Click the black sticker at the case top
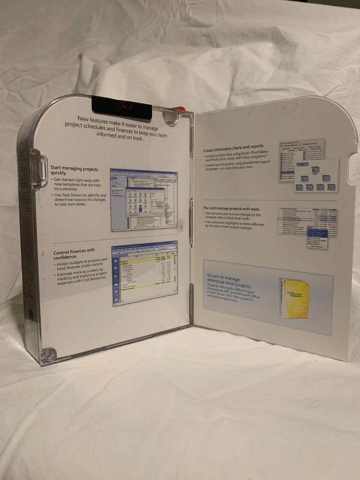[x=121, y=106]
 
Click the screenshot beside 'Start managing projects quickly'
[x=143, y=198]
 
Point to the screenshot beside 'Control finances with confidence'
[x=144, y=273]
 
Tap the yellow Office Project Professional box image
[x=294, y=297]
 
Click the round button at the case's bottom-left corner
[x=48, y=354]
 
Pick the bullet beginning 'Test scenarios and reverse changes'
[x=233, y=216]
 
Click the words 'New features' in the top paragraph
[x=93, y=119]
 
